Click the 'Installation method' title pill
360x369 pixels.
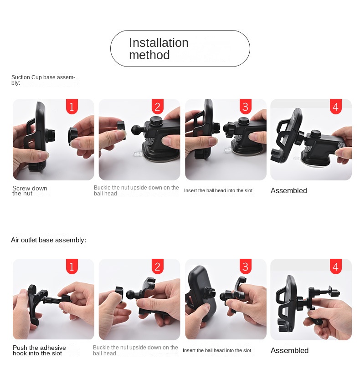(180, 49)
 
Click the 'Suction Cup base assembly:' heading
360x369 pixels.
(43, 80)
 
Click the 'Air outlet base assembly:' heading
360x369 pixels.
(48, 240)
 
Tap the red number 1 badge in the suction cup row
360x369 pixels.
(72, 107)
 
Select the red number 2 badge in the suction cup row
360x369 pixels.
(158, 107)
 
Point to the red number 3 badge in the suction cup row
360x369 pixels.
(245, 107)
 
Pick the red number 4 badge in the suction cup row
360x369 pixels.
(336, 107)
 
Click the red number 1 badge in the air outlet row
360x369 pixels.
(72, 266)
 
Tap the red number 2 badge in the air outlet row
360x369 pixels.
(158, 266)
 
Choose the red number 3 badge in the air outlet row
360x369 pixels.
(245, 266)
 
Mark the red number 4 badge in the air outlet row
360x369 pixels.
(336, 266)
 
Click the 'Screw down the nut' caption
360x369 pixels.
(30, 191)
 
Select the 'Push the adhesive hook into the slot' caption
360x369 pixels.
(39, 350)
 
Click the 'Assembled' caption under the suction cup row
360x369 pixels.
(288, 191)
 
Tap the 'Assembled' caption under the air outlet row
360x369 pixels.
(289, 350)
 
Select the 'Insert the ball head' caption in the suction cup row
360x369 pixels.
(218, 190)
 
